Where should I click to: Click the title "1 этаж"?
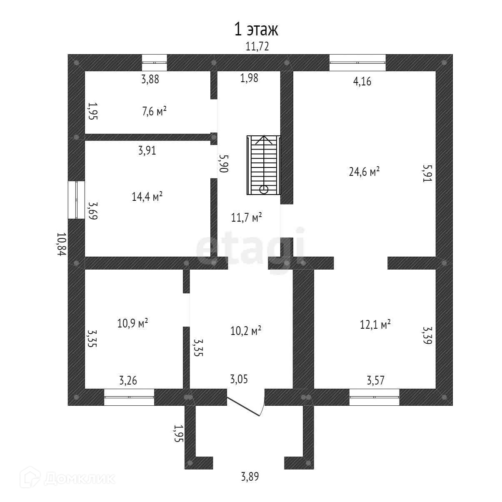click(255, 30)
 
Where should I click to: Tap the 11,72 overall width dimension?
click(257, 47)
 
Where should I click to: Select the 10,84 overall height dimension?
click(62, 244)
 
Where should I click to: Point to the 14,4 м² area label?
click(147, 196)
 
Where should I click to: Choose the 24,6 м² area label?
click(364, 171)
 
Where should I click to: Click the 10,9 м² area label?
click(133, 323)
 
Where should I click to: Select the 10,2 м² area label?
click(246, 331)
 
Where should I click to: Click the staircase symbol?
click(264, 165)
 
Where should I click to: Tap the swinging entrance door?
click(246, 403)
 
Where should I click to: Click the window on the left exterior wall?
click(76, 200)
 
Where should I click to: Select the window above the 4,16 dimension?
click(357, 63)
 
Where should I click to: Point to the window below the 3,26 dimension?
click(129, 397)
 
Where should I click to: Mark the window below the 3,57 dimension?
click(374, 397)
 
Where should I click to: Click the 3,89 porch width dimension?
click(250, 477)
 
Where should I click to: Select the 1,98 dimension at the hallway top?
click(250, 78)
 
